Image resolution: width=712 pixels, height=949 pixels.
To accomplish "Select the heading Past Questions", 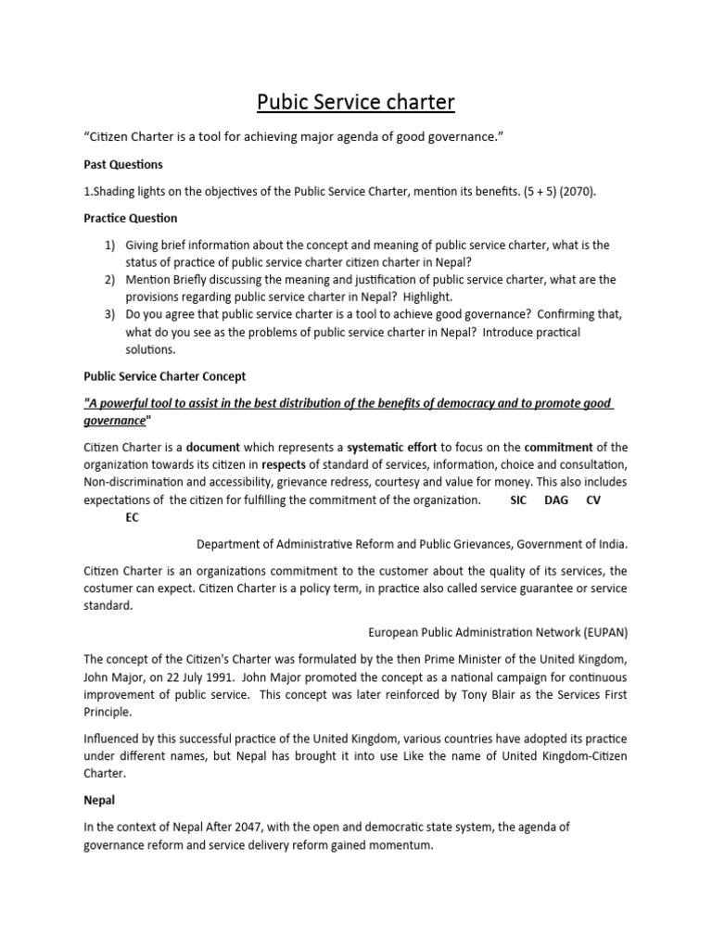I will coord(123,164).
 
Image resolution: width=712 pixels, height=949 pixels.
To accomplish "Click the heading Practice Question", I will coord(131,218).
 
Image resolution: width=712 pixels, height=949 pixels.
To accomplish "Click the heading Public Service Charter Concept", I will coord(163,376).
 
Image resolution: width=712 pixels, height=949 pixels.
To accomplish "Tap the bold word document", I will coord(212,446).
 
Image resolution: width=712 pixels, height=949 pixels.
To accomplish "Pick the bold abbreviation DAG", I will coord(556,500).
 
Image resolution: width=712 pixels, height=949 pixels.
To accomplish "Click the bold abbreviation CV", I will coord(595,500).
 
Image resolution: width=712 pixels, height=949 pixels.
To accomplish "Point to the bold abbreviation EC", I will coord(132,517).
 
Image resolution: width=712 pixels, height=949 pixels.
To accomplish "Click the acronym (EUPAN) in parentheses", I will coord(604,632).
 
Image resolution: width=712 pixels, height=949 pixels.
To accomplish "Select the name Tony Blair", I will coord(497,694).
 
